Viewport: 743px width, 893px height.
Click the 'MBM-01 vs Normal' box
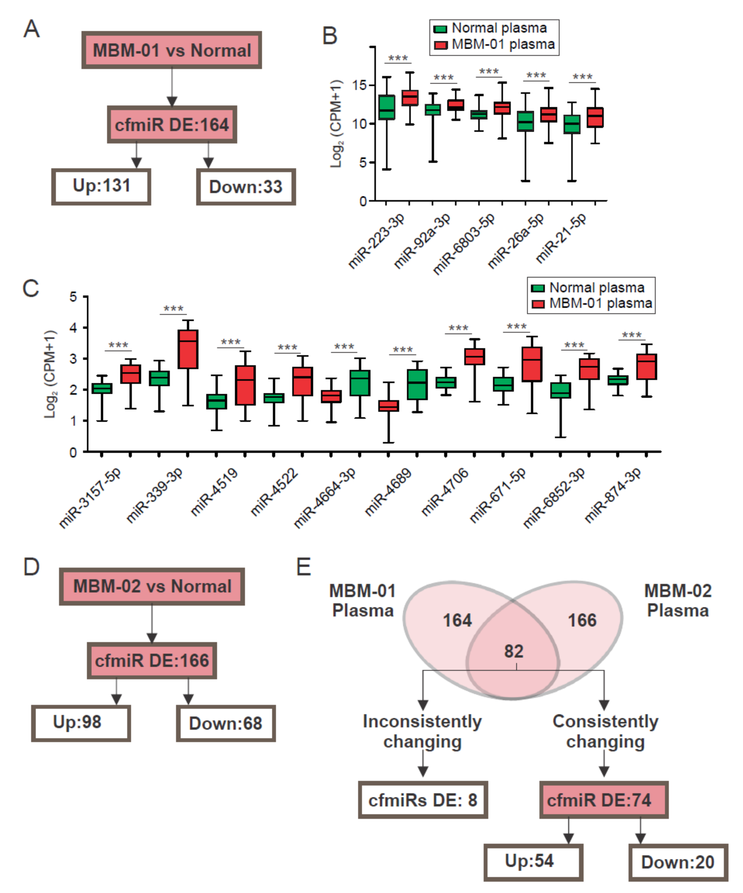pos(172,50)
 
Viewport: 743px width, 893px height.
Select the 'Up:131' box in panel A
pos(101,186)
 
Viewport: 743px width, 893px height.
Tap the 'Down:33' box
pos(246,187)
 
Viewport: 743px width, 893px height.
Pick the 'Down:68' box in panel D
pos(226,723)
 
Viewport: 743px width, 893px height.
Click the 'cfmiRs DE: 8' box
pos(423,800)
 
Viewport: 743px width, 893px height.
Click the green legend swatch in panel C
pos(538,288)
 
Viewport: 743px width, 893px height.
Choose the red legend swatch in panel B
pos(441,45)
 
